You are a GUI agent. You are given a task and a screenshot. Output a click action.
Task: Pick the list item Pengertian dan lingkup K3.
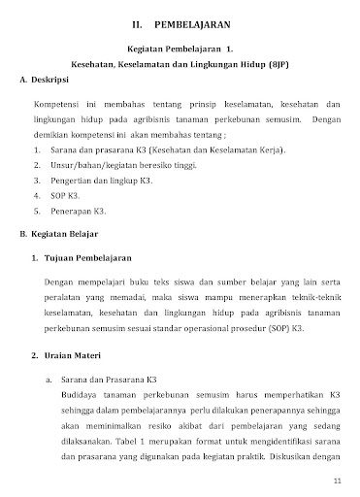(x=100, y=180)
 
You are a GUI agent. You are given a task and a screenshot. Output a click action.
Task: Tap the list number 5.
(x=36, y=209)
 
